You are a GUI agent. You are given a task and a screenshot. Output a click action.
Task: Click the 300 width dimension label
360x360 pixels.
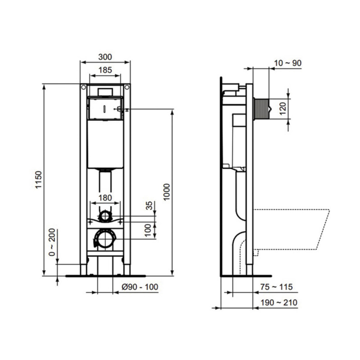tap(105, 57)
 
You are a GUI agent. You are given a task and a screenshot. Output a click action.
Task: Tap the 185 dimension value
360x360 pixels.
tap(105, 70)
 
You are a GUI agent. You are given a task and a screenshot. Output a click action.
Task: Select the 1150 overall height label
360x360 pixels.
tap(39, 179)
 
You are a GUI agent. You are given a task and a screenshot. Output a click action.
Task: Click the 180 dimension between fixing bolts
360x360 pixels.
tap(105, 198)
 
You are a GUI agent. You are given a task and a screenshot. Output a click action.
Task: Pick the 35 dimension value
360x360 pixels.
tap(149, 206)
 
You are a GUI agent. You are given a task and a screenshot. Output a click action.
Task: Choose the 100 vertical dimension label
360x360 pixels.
tap(148, 230)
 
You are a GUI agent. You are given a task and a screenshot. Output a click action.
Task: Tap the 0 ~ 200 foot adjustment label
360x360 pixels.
tap(52, 242)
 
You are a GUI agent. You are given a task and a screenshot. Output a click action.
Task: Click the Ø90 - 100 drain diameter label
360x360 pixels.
tap(140, 287)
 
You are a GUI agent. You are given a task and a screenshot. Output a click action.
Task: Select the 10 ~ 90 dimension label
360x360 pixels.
tap(288, 63)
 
